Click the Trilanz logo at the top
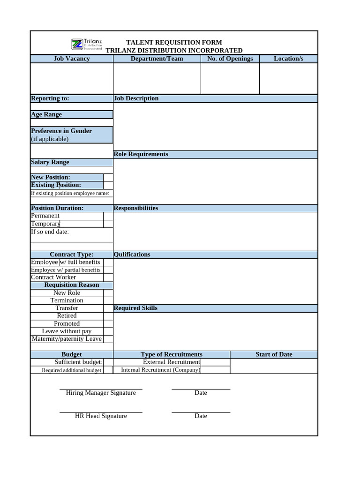(87, 45)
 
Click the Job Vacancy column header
(72, 59)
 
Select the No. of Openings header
(230, 59)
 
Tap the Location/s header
(288, 59)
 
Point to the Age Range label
(46, 114)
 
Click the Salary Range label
(50, 162)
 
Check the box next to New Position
(108, 177)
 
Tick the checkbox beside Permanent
(108, 216)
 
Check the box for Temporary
(108, 224)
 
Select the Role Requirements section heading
(141, 154)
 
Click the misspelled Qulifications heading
(132, 255)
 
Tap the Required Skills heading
(135, 308)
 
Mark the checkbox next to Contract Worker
(108, 277)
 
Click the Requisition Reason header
(72, 285)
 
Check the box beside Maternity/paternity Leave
(108, 339)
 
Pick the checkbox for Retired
(108, 316)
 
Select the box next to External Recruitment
(216, 362)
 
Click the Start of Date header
(274, 354)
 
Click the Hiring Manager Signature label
(101, 393)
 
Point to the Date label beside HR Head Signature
(201, 416)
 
